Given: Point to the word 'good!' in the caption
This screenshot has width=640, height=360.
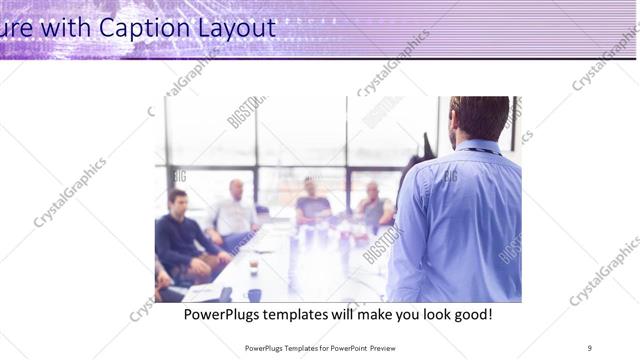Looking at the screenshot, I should coord(466,315).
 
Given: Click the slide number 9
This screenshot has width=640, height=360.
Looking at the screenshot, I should coord(589,347).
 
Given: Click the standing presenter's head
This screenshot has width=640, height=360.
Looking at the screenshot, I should coord(479,118).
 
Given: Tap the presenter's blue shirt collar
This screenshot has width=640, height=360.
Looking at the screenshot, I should coord(478,147).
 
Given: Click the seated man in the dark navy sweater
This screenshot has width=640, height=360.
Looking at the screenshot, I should coord(180,235).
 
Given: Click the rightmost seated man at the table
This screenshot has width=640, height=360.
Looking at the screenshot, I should coord(375,207).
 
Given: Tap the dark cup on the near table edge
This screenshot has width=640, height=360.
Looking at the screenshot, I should coord(254,294).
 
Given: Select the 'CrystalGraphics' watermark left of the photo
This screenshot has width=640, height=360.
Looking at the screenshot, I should coord(70,192).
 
